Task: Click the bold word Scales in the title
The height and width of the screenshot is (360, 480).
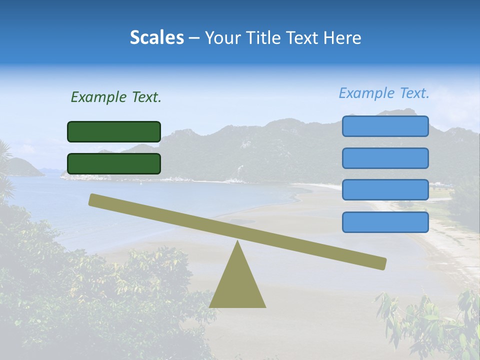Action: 156,37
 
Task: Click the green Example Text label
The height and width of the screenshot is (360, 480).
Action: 116,97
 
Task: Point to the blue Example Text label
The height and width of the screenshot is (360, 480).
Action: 384,93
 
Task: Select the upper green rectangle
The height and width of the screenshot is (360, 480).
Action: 114,131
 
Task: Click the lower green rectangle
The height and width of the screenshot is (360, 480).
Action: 114,163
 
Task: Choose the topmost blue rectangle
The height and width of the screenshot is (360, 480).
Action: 385,126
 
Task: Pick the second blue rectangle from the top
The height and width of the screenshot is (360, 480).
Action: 385,158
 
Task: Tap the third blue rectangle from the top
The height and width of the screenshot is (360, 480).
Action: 385,190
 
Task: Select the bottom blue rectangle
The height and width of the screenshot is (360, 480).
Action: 385,222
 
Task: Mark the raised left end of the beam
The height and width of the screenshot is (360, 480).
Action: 93,199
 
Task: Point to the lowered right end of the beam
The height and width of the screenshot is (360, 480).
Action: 382,263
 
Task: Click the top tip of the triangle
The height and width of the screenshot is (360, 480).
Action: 237,242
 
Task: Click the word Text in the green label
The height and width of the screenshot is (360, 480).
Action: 145,97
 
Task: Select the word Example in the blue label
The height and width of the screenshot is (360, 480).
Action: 366,93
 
